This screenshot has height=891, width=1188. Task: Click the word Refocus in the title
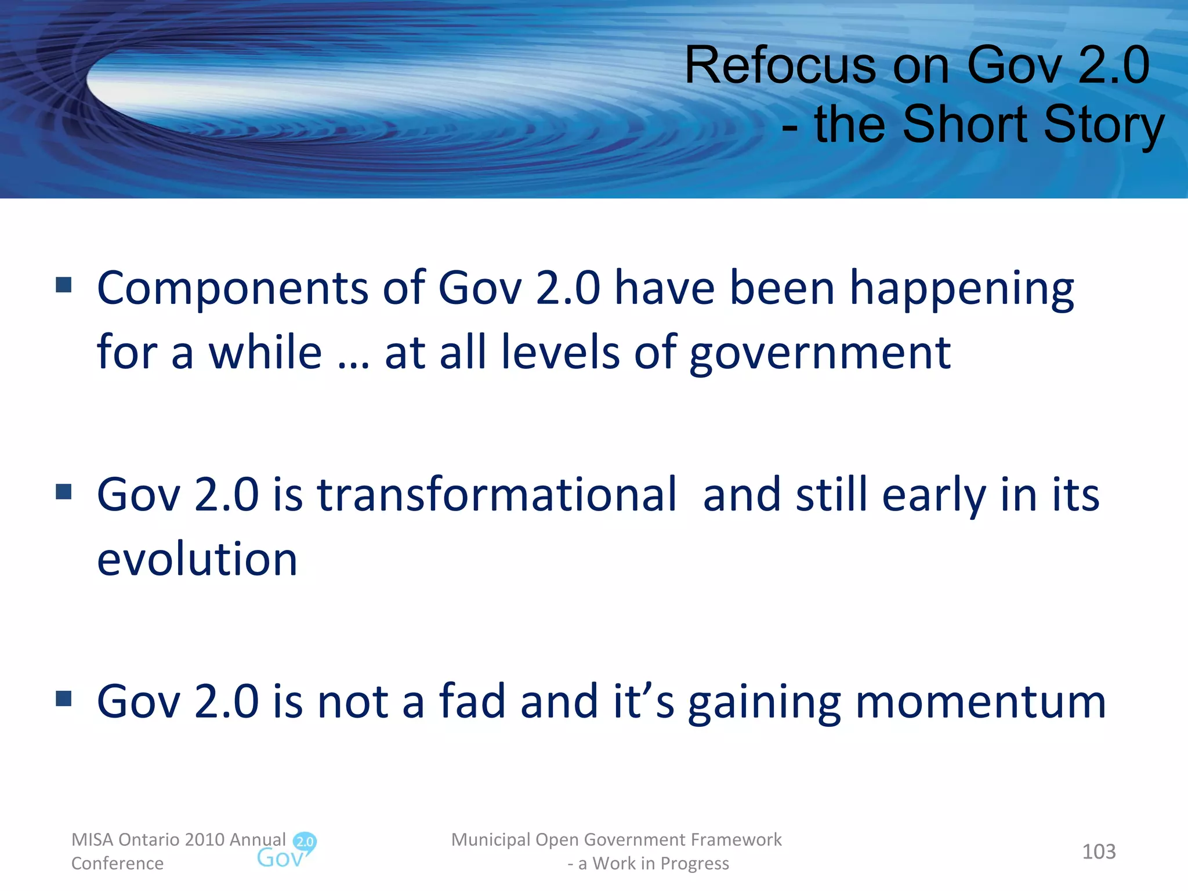781,65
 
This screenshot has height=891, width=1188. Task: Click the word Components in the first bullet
232,288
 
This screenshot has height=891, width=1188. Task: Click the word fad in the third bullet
472,701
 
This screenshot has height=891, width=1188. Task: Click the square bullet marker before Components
64,285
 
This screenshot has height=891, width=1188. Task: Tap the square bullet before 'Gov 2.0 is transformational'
64,492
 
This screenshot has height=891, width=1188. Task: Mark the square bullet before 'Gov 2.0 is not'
64,698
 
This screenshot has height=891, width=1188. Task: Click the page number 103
1099,852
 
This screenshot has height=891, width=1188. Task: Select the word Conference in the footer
117,863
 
